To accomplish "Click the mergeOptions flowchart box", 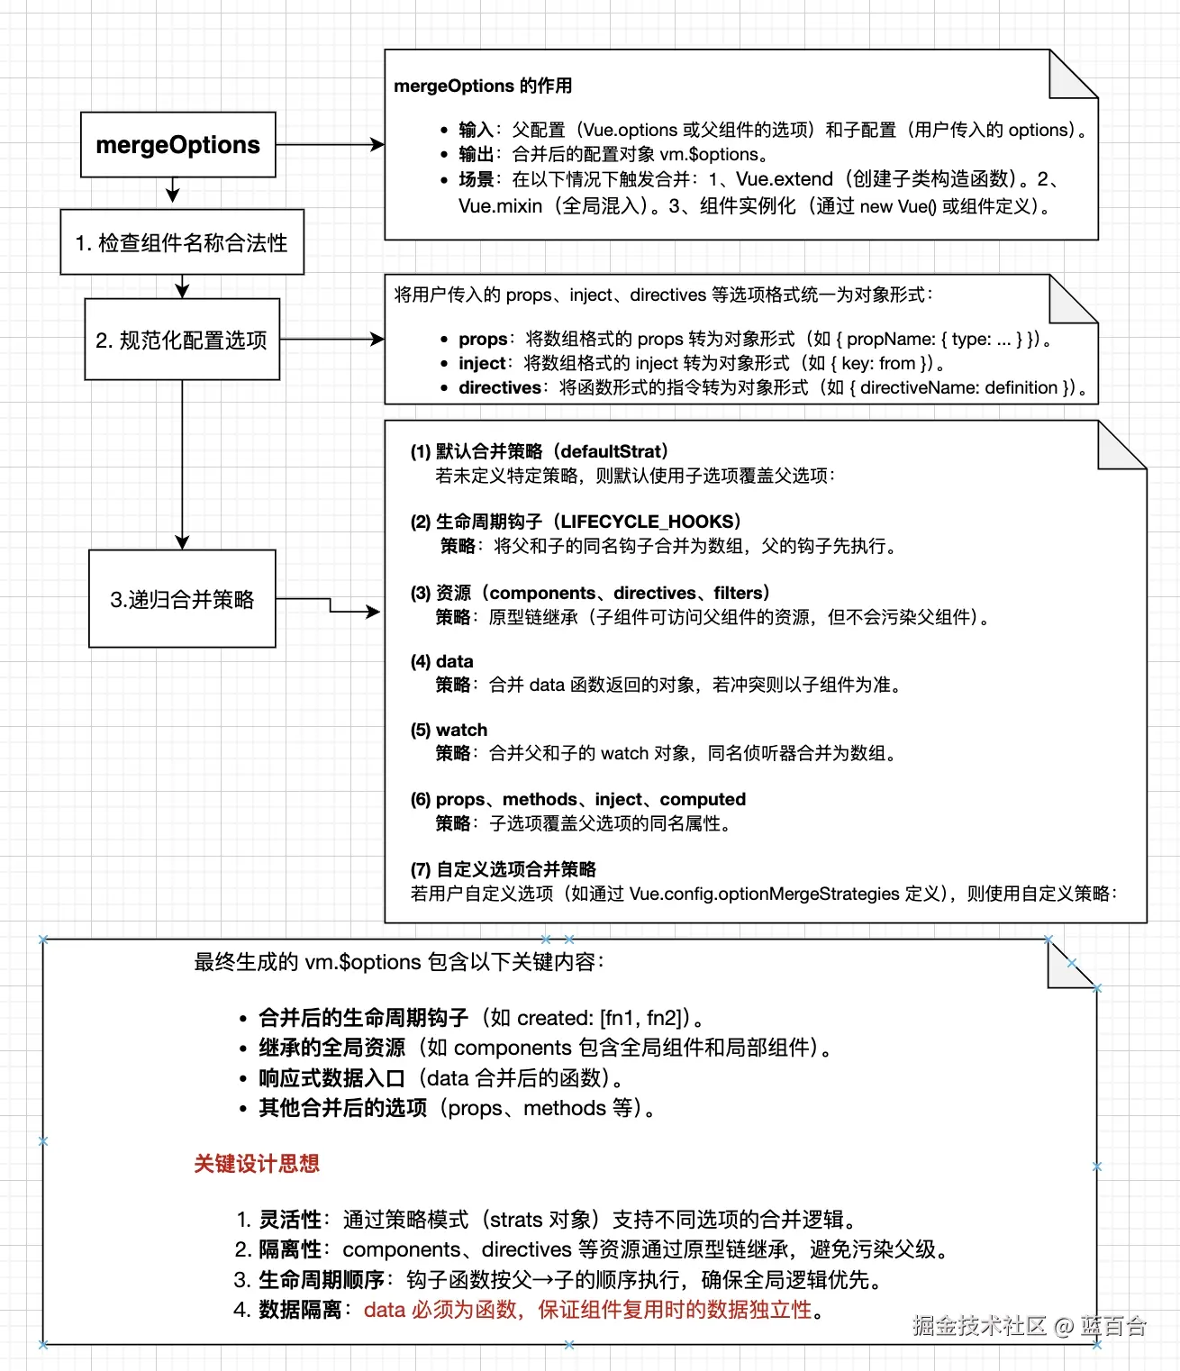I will point(177,144).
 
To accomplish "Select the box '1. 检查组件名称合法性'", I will point(182,242).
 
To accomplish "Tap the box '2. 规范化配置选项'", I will point(182,340).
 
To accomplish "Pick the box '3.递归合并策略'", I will point(182,599).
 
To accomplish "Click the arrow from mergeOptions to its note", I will point(330,144).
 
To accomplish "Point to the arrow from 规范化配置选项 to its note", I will point(331,340).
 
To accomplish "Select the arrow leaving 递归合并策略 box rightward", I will point(331,607).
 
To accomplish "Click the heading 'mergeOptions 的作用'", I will point(483,86).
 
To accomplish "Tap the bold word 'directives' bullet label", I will point(500,388).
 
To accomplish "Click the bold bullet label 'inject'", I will point(482,364).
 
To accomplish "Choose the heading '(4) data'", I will point(441,661).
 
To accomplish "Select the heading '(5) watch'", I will point(449,730).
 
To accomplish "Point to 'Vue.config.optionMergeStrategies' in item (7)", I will point(764,894).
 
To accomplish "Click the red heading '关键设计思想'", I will point(257,1164).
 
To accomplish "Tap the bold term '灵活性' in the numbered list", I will point(289,1220).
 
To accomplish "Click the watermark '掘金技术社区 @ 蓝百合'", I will point(1029,1326).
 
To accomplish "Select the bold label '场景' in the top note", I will point(476,180).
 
